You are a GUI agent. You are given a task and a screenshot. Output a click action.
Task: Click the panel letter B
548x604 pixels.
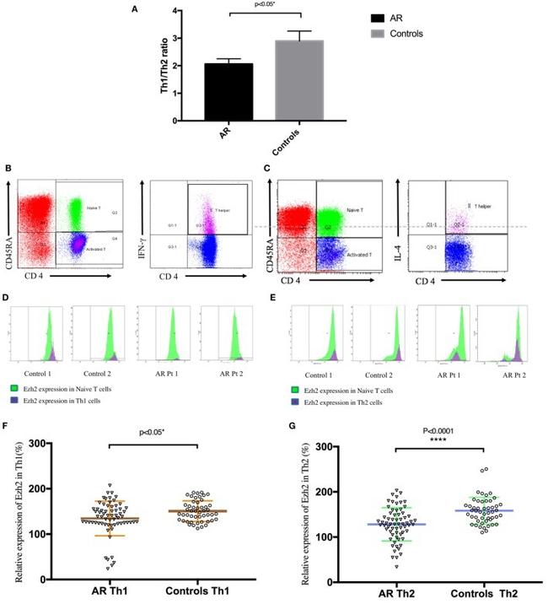(x=8, y=170)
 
